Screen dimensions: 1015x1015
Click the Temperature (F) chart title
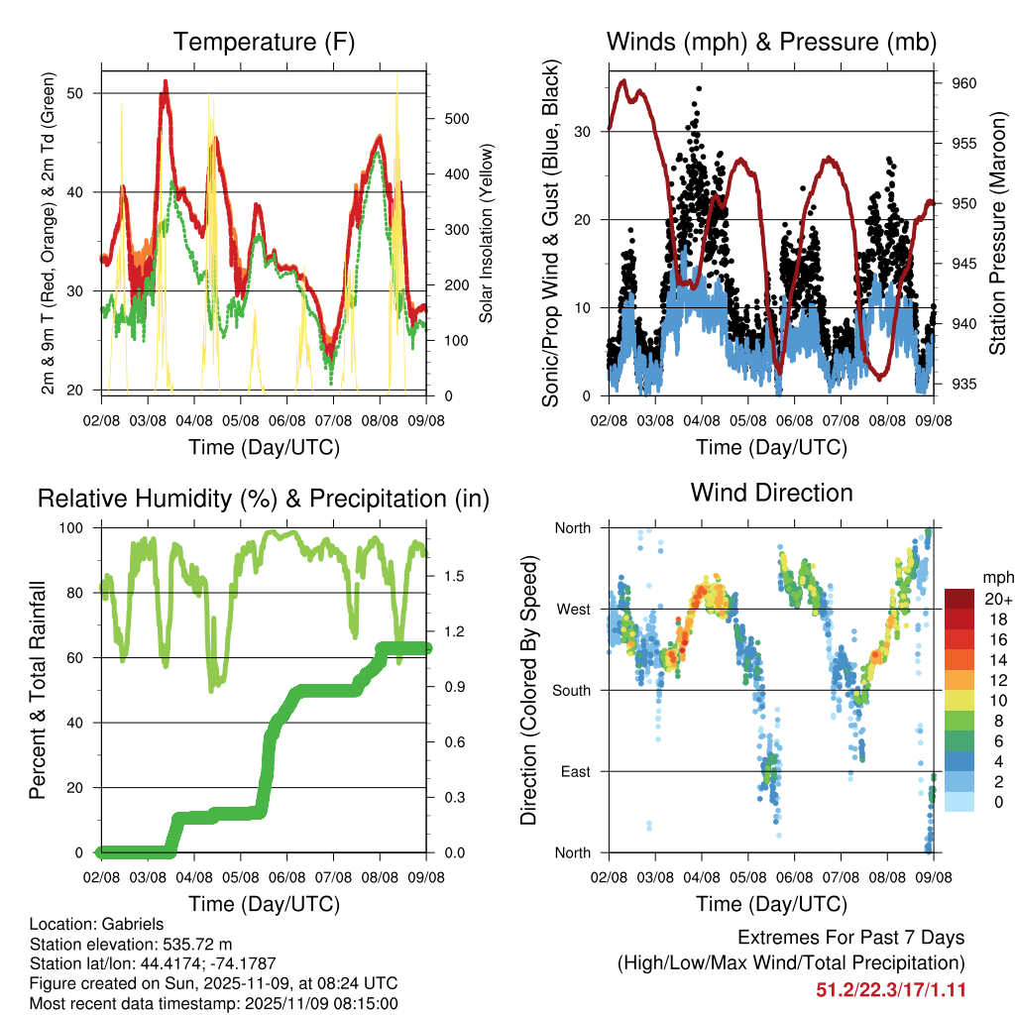coord(264,43)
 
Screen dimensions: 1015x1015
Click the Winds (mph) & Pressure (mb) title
coord(771,43)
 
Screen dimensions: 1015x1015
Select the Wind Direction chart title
coord(771,493)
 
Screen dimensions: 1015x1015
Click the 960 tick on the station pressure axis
coord(964,83)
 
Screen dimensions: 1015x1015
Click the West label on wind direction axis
coord(573,609)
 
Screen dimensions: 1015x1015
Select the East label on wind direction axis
coord(575,771)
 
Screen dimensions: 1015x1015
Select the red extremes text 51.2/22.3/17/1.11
coord(890,990)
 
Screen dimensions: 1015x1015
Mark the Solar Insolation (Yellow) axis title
coord(486,233)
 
